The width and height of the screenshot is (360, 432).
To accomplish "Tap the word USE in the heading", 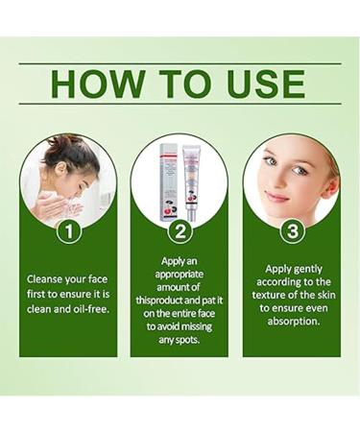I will (x=263, y=84).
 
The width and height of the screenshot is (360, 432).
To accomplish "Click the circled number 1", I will (x=67, y=231).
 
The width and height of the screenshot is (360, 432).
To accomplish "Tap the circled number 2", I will (x=179, y=231).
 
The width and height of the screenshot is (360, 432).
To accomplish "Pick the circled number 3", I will (x=291, y=231).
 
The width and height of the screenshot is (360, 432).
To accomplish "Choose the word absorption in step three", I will (x=291, y=320).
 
